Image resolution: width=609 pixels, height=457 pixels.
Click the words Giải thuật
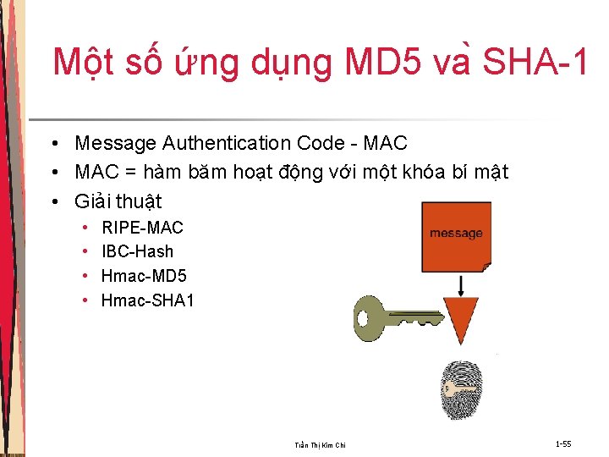click(x=118, y=201)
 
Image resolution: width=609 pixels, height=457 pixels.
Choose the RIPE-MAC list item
click(x=142, y=228)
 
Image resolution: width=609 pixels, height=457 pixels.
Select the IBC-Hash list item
click(x=137, y=251)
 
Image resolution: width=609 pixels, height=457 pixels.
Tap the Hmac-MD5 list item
click(x=144, y=276)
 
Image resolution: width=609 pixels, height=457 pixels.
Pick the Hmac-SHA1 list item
click(x=147, y=300)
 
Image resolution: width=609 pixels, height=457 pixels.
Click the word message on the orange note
click(x=456, y=234)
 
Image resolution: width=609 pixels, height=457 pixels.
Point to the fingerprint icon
click(x=462, y=390)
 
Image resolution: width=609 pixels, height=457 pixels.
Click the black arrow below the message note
click(x=461, y=284)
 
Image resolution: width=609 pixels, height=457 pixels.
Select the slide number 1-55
click(x=563, y=443)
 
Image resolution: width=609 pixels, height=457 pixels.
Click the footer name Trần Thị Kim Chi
click(x=320, y=445)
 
